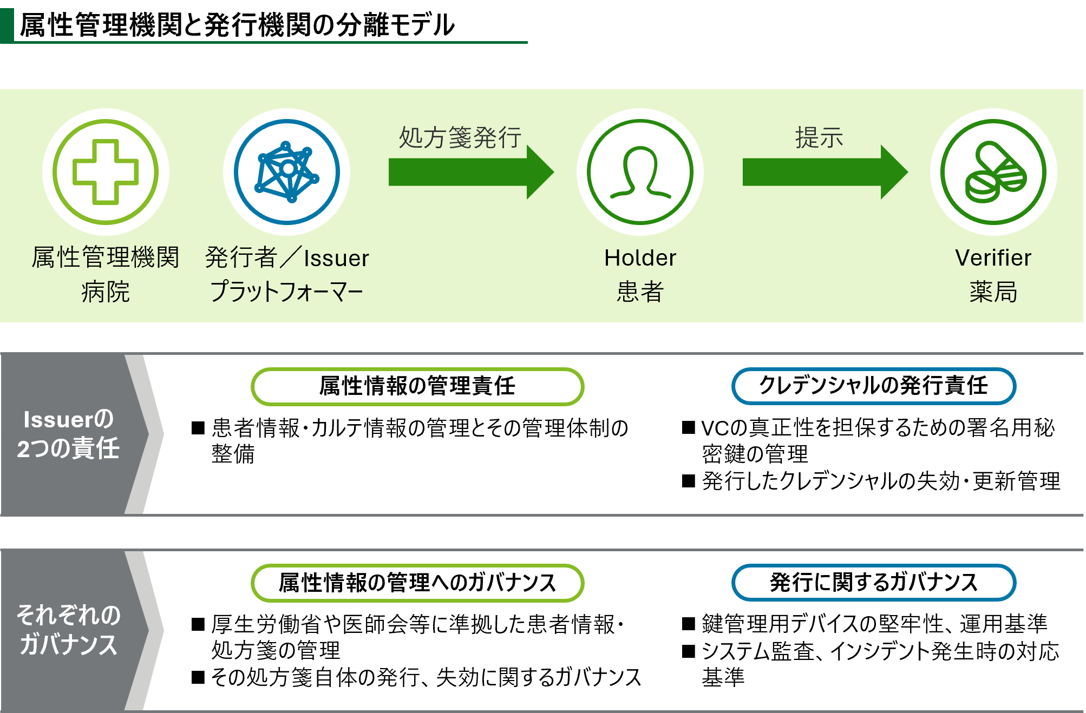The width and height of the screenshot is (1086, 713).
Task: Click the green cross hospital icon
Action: [x=106, y=171]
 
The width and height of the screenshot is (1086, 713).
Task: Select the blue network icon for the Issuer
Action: [x=287, y=171]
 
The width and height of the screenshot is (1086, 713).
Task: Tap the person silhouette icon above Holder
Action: [x=640, y=171]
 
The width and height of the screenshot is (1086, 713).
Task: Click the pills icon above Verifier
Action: [x=993, y=171]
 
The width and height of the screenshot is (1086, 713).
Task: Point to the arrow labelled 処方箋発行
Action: [x=471, y=172]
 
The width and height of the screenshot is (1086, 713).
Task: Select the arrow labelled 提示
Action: [x=825, y=172]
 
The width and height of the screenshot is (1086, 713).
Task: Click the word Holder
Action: [x=640, y=258]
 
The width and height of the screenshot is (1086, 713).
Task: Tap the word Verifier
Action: [x=993, y=258]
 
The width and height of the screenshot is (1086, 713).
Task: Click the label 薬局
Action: [x=993, y=292]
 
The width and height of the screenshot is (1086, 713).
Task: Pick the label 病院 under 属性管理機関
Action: [x=106, y=292]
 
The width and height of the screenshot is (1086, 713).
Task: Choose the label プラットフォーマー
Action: [x=286, y=292]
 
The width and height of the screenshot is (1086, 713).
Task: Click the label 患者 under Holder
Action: [x=640, y=292]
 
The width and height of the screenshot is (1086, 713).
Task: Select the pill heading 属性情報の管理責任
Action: [x=417, y=386]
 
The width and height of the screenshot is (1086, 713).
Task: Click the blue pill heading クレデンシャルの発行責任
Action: [x=874, y=386]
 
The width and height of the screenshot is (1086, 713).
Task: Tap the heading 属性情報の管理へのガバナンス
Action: [x=417, y=583]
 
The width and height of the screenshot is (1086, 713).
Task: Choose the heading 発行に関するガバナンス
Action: [x=874, y=582]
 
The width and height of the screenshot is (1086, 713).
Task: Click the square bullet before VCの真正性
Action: [x=689, y=428]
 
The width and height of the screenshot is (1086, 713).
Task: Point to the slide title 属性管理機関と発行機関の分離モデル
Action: [x=237, y=25]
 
